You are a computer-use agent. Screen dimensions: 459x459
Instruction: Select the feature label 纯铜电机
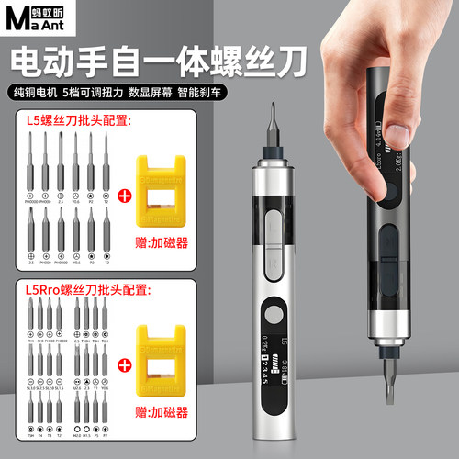tap(38, 94)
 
